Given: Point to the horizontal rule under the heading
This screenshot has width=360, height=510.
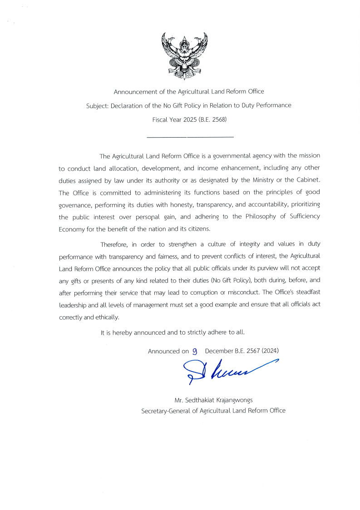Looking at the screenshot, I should (x=190, y=137).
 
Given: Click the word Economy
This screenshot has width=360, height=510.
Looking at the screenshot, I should (x=72, y=229).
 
